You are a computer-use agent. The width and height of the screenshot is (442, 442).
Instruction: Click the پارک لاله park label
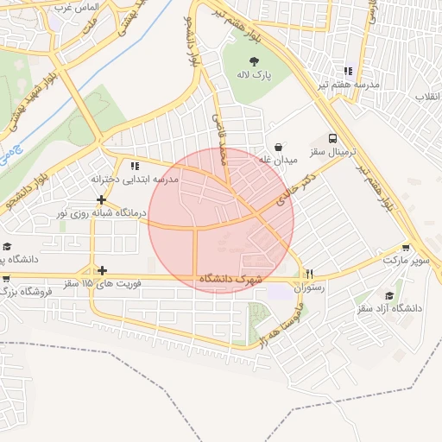(x=256, y=75)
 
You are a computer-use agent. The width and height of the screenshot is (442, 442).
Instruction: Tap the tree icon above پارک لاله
(x=255, y=60)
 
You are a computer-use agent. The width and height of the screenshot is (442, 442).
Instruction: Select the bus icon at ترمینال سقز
(x=332, y=138)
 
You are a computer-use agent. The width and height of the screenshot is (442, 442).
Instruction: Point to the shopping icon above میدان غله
(x=278, y=147)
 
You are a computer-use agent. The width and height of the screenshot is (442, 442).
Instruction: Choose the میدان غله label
(x=278, y=161)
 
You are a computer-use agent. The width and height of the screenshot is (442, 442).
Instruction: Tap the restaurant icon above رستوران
(x=309, y=274)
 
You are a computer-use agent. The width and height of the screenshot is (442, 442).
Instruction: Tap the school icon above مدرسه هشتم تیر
(x=348, y=71)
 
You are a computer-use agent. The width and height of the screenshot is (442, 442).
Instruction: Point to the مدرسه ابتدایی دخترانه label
(x=135, y=179)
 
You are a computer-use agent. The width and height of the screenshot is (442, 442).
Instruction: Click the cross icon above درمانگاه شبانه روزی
(x=102, y=199)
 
